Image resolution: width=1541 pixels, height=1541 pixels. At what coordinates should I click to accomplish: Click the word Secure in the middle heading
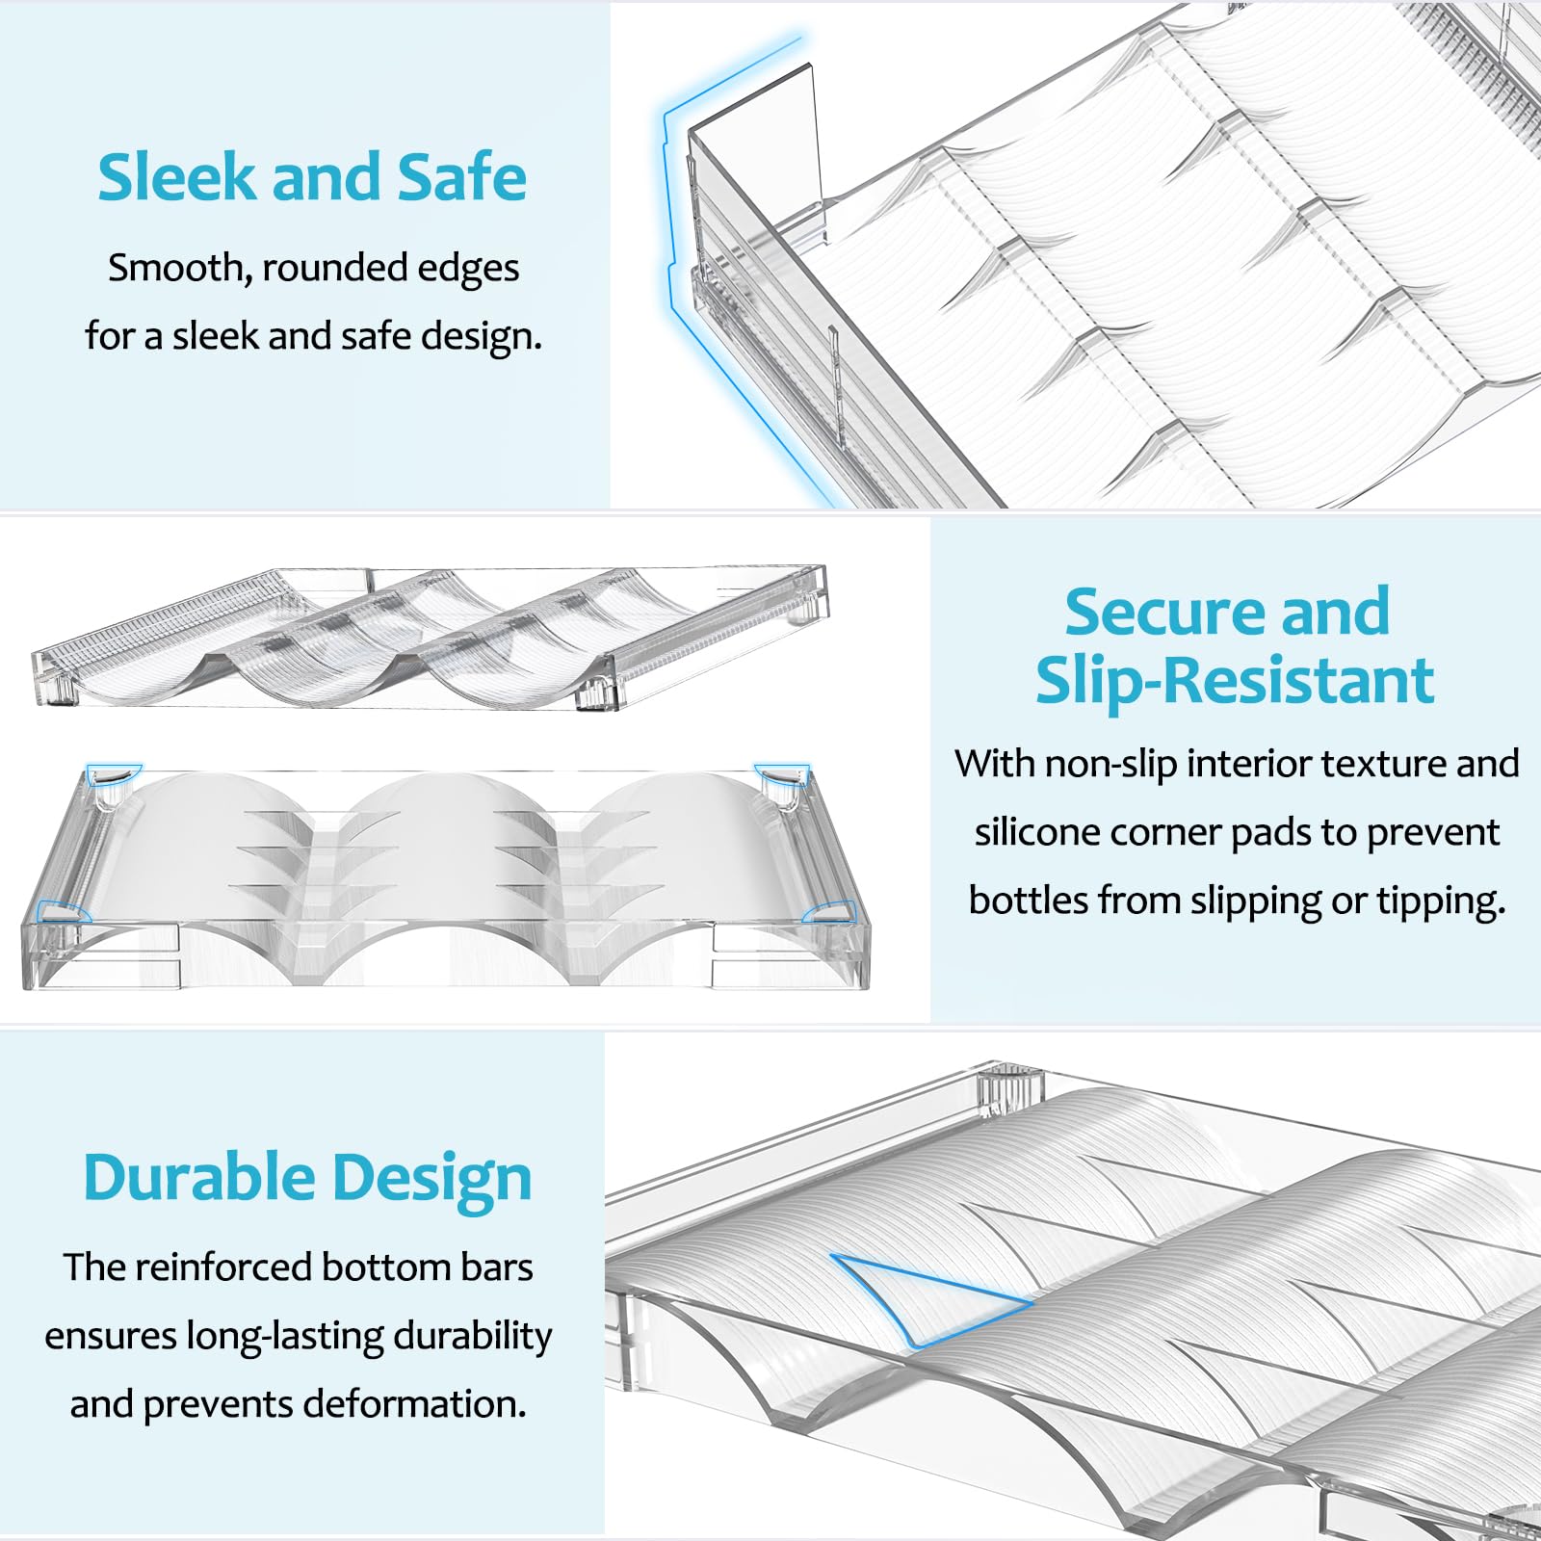click(x=1165, y=612)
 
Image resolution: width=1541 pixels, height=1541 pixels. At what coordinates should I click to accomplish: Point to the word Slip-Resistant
click(x=1235, y=682)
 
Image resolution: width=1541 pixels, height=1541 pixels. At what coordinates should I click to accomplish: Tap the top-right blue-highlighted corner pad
click(x=782, y=773)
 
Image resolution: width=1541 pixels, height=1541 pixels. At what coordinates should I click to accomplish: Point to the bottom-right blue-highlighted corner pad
click(x=830, y=911)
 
